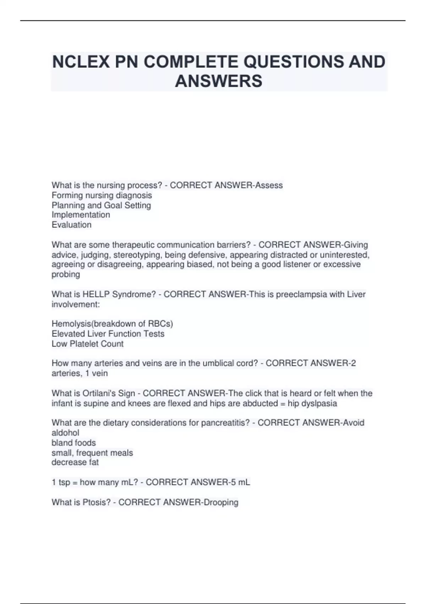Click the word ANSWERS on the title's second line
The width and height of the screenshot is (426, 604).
click(219, 81)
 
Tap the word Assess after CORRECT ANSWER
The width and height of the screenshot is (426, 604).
click(269, 185)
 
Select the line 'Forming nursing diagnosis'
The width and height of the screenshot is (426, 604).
click(102, 195)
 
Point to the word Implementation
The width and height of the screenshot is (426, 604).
click(81, 215)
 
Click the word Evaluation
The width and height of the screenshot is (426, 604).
click(72, 225)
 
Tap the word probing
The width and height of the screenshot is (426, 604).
click(66, 274)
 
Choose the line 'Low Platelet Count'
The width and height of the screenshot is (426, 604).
click(88, 344)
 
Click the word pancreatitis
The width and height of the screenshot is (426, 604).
click(225, 423)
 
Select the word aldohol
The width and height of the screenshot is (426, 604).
click(65, 433)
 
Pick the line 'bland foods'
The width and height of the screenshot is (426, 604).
click(74, 443)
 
